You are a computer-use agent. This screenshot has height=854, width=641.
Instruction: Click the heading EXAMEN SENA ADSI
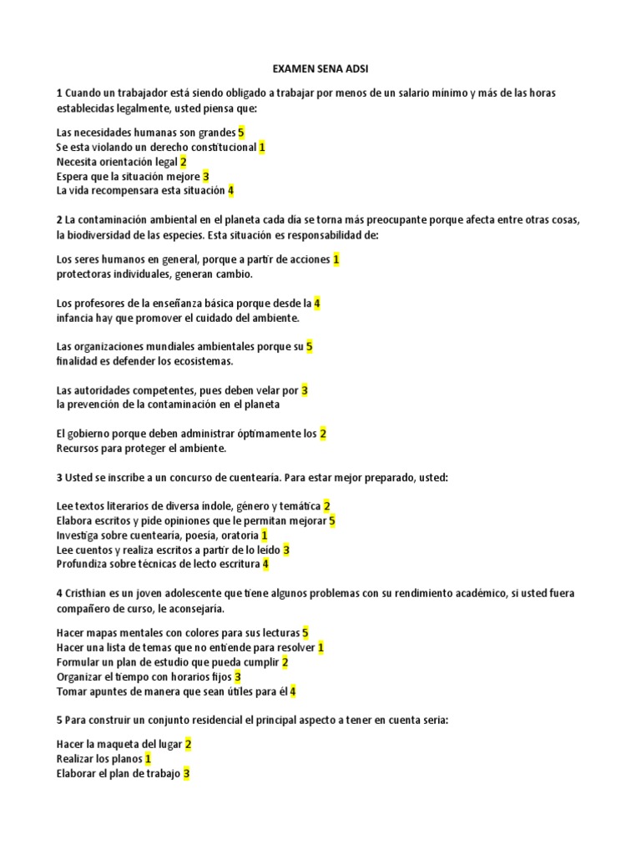[320, 69]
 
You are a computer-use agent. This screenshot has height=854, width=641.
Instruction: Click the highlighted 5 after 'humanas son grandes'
[240, 132]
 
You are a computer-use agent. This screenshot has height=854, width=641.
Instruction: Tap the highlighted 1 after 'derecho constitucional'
[261, 147]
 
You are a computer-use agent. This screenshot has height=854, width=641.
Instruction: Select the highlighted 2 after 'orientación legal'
[183, 162]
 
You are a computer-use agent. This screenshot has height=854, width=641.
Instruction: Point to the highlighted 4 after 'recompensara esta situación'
[231, 191]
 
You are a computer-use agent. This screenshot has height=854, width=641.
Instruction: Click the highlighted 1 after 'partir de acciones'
[336, 259]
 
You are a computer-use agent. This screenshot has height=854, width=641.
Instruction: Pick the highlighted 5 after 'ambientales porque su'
[309, 346]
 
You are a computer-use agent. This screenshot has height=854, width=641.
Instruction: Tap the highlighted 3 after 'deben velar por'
[305, 389]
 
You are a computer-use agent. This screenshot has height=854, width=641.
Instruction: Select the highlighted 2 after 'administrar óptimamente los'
[323, 434]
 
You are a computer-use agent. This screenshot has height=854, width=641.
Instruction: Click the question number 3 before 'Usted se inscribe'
[59, 478]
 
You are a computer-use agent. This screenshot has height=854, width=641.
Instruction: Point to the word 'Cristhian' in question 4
[88, 593]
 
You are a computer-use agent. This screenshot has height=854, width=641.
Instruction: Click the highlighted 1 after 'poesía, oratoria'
[265, 535]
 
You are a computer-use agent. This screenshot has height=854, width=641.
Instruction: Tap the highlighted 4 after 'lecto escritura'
[265, 565]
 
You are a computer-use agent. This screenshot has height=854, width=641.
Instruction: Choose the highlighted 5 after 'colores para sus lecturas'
[305, 633]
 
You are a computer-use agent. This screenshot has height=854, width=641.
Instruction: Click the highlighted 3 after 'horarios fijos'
[238, 676]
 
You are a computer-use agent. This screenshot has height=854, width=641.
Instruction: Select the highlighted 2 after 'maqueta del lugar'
[189, 744]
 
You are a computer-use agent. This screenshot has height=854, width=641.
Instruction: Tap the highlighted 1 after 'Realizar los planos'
[148, 759]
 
